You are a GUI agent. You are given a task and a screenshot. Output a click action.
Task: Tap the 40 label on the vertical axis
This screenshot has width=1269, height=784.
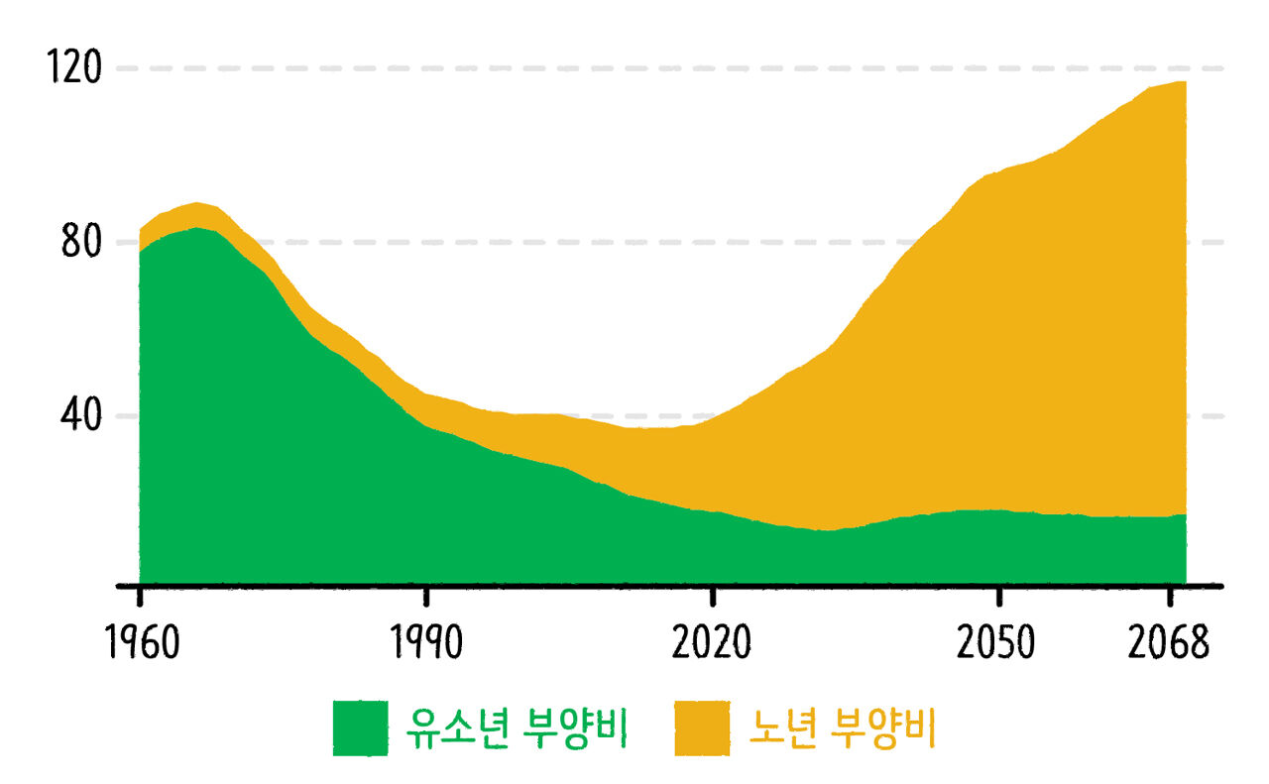(80, 415)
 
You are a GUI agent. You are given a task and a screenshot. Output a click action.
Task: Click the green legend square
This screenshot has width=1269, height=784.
(360, 728)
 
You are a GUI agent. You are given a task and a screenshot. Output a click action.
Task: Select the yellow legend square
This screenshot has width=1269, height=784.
(703, 728)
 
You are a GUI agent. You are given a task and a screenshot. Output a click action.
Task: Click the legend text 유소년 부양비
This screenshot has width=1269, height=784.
(517, 728)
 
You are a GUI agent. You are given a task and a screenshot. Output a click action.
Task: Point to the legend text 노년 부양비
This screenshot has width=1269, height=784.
(843, 728)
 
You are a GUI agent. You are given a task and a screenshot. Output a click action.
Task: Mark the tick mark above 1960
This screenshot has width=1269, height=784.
(140, 596)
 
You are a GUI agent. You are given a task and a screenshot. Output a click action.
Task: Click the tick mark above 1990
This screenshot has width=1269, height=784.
(426, 596)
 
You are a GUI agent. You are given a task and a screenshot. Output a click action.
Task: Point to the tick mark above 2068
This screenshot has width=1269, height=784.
(1171, 596)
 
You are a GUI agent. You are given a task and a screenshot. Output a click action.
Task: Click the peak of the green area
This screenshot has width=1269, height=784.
(197, 228)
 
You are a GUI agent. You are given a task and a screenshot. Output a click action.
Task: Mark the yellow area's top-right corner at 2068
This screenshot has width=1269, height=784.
(1185, 82)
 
